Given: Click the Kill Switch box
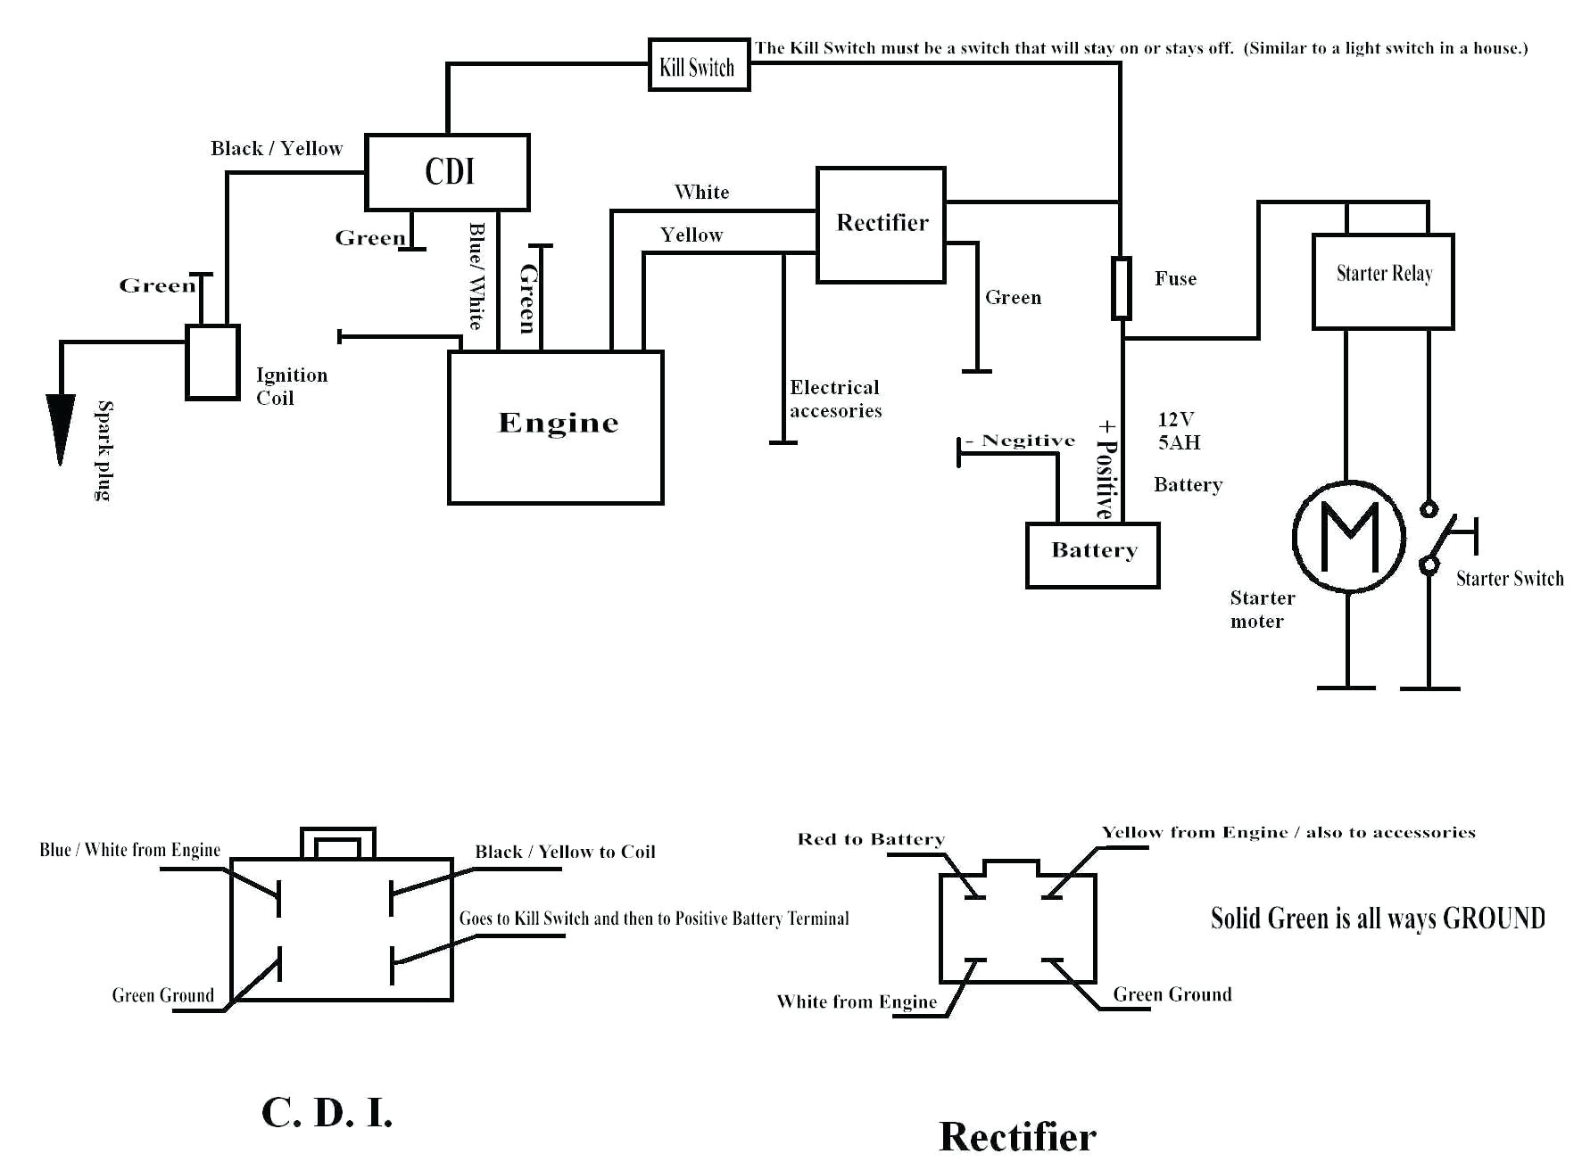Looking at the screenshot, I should pos(698,65).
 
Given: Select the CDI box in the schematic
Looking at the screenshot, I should pos(447,171).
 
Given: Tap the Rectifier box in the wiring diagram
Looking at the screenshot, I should pos(881,224).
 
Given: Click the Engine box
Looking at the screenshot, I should pos(555,427).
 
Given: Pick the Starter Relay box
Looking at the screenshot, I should pos(1383,281).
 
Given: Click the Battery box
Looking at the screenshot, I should pos(1092,555).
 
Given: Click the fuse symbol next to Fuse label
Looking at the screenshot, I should pos(1122,288).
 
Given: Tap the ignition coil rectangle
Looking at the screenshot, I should pos(212,362).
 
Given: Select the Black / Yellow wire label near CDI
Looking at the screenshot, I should pos(277,148).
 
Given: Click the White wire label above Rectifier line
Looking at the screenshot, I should pos(701,192).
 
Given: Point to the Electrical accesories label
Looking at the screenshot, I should pos(835,399).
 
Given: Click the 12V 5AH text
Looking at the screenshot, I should pos(1179,431).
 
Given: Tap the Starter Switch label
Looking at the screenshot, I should pos(1510,579).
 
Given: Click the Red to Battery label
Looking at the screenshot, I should pos(870,839).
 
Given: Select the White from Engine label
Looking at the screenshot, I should pos(857,1001).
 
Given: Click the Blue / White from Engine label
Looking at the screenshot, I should pos(129,850).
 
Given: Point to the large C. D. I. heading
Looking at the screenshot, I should pos(327,1113).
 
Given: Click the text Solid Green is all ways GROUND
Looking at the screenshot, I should pos(1377,919).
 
